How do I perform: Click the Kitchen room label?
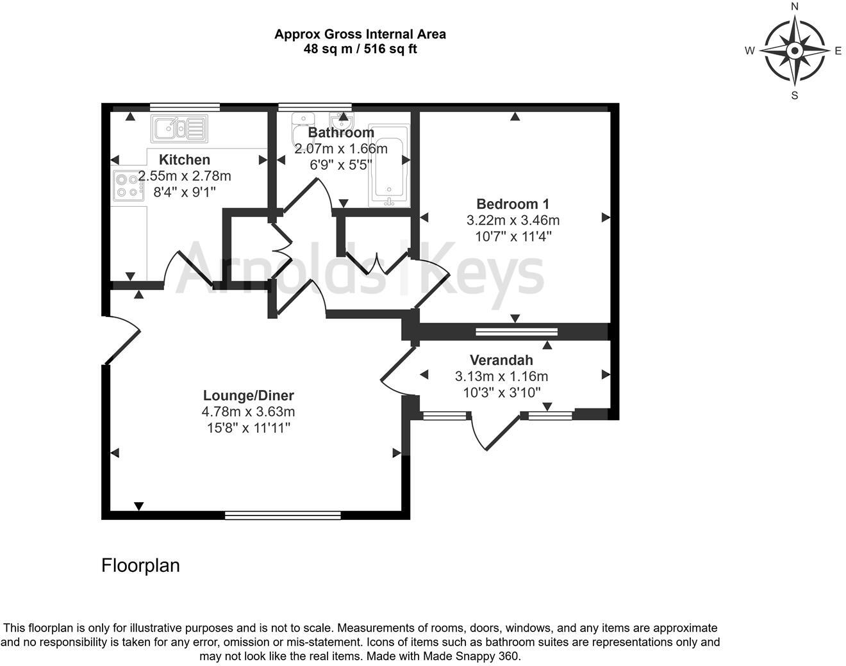[x=185, y=160]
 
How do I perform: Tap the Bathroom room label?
[x=341, y=133]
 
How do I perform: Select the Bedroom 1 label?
[x=513, y=204]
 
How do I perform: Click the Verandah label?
[x=501, y=361]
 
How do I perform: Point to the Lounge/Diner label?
[x=249, y=396]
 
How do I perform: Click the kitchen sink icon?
[x=179, y=129]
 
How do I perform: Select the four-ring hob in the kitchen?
[x=128, y=185]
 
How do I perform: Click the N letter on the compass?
[x=795, y=7]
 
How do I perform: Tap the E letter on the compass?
[x=838, y=51]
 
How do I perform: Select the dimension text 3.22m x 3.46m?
[x=513, y=220]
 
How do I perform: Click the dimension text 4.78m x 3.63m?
[x=249, y=412]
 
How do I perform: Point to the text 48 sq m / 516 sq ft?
[x=360, y=49]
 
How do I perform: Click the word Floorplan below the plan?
[x=141, y=565]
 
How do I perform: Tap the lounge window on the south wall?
[x=283, y=515]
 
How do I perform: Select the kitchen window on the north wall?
[x=185, y=107]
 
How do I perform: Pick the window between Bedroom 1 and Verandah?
[x=517, y=332]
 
